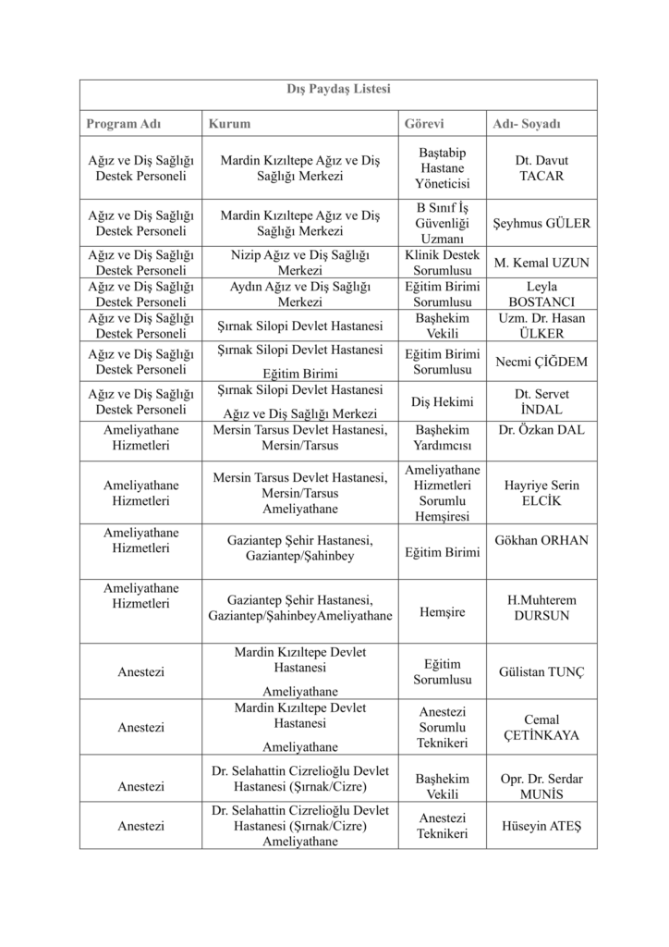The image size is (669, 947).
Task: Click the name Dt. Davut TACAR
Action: pyautogui.click(x=541, y=167)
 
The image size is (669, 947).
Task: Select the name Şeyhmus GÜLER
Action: pyautogui.click(x=541, y=223)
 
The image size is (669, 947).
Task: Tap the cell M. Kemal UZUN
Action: pyautogui.click(x=541, y=263)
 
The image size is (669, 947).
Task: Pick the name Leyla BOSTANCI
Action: pyautogui.click(x=541, y=294)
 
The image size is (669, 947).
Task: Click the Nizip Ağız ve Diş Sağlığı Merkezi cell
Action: pyautogui.click(x=299, y=263)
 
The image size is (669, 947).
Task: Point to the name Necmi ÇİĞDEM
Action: pyautogui.click(x=541, y=361)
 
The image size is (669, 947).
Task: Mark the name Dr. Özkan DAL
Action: pyautogui.click(x=541, y=430)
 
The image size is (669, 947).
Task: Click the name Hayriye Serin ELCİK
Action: pyautogui.click(x=541, y=492)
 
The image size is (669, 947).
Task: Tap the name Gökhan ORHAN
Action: pyautogui.click(x=541, y=540)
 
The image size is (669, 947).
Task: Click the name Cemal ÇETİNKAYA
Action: pyautogui.click(x=541, y=727)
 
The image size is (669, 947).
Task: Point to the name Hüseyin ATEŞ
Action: pyautogui.click(x=541, y=825)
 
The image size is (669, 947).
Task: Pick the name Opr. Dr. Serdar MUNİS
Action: pyautogui.click(x=541, y=786)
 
